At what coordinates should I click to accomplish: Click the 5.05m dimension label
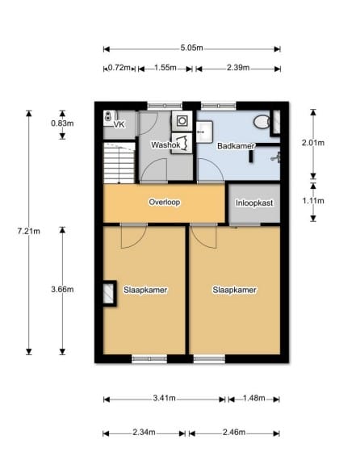pyautogui.click(x=191, y=48)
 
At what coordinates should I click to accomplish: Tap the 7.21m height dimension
pyautogui.click(x=28, y=231)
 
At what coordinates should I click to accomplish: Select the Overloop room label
pyautogui.click(x=165, y=202)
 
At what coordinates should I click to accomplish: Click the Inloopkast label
pyautogui.click(x=254, y=203)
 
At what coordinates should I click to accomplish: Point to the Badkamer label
pyautogui.click(x=236, y=146)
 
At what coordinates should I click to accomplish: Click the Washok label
pyautogui.click(x=165, y=144)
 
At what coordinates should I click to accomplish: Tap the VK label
pyautogui.click(x=119, y=125)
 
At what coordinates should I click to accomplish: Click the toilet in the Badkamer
pyautogui.click(x=262, y=122)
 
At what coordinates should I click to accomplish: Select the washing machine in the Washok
pyautogui.click(x=182, y=121)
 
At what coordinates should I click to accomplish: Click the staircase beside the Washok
pyautogui.click(x=119, y=163)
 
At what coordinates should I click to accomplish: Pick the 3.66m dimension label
pyautogui.click(x=62, y=289)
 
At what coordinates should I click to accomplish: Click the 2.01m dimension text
pyautogui.click(x=313, y=143)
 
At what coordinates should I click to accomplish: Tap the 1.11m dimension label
pyautogui.click(x=313, y=201)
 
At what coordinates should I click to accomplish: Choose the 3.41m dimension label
pyautogui.click(x=165, y=398)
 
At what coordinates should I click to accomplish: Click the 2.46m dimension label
pyautogui.click(x=234, y=432)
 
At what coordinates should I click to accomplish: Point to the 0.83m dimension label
pyautogui.click(x=62, y=123)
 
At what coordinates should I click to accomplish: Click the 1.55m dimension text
pyautogui.click(x=165, y=68)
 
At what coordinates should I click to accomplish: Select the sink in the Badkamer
pyautogui.click(x=204, y=132)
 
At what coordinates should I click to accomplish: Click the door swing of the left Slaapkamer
pyautogui.click(x=134, y=237)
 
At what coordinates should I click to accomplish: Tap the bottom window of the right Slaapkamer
pyautogui.click(x=209, y=359)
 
